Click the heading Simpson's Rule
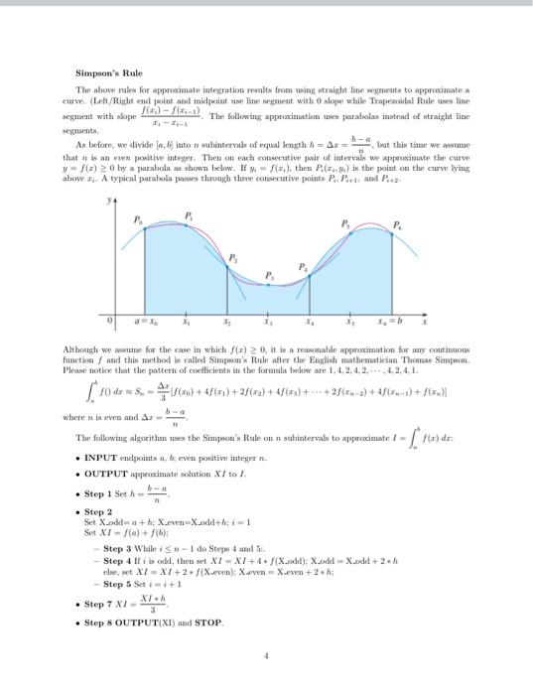109,72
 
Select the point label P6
399,223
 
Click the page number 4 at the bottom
266,655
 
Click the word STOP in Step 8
209,623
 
